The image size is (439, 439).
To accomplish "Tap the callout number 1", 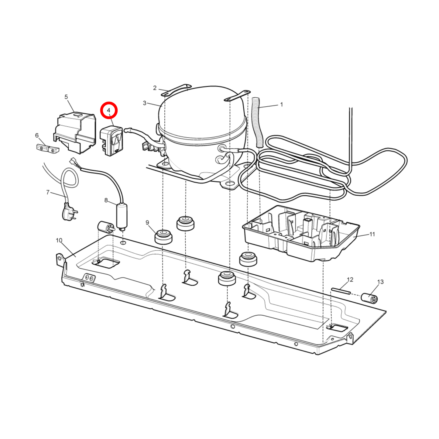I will [x=282, y=105].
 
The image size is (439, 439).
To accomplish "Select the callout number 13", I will [x=380, y=282].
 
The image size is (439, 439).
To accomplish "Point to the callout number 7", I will [x=48, y=192].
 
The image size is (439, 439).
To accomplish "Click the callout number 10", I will [x=59, y=240].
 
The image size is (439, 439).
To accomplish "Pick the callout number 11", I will [x=372, y=234].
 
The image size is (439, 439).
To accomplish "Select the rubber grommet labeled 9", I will [x=163, y=237].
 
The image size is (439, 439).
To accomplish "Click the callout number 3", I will [x=145, y=103].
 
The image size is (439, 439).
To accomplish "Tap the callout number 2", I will [x=155, y=88].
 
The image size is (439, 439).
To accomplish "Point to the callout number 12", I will [x=350, y=280].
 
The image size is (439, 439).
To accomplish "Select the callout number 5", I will [x=66, y=97].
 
